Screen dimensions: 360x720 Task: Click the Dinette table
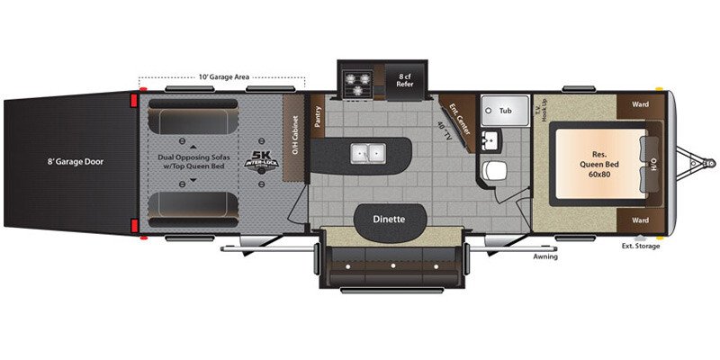[389, 219]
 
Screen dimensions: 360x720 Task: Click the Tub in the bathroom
[506, 110]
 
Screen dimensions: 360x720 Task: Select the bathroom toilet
[494, 171]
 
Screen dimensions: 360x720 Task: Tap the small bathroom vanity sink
[490, 140]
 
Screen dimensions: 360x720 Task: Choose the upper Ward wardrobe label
[640, 103]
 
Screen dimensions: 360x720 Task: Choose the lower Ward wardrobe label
[640, 220]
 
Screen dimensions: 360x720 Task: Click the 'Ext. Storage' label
[641, 247]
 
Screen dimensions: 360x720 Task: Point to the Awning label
[544, 256]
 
